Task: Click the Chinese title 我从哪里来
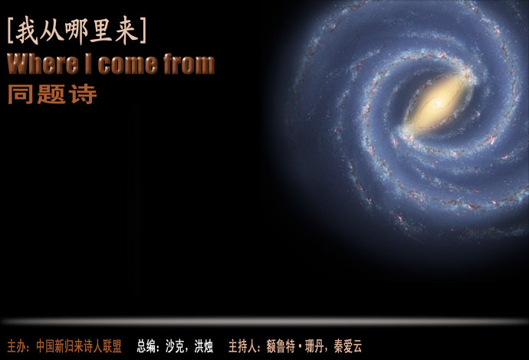[x=77, y=31]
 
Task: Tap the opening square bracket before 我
[x=10, y=31]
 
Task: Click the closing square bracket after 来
[x=143, y=31]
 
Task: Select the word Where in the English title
[x=43, y=64]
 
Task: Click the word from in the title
[x=189, y=64]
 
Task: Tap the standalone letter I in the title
[x=88, y=64]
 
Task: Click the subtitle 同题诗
[x=52, y=94]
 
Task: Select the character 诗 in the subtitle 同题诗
[x=83, y=94]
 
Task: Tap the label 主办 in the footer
[x=16, y=346]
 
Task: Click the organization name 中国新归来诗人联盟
[x=79, y=346]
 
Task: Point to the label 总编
[x=146, y=346]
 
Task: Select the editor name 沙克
[x=175, y=346]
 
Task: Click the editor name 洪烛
[x=203, y=346]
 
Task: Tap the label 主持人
[x=242, y=346]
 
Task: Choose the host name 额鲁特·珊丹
[x=295, y=346]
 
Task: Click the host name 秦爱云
[x=348, y=346]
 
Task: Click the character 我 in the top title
[x=27, y=31]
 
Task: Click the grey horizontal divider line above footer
[x=264, y=322]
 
